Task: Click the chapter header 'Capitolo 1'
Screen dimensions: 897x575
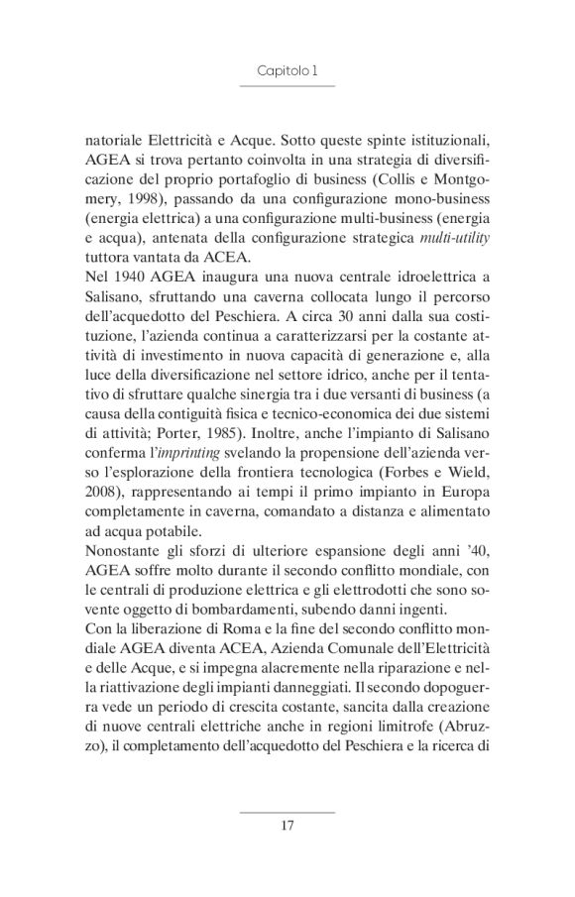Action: tap(287, 71)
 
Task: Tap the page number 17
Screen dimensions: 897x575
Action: tap(287, 822)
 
